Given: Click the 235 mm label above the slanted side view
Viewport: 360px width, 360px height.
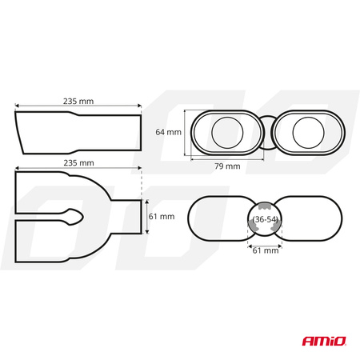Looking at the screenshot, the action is point(78,102).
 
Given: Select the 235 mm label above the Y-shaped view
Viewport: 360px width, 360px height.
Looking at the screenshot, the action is point(78,163).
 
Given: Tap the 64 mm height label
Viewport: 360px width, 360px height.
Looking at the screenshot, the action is point(168,132).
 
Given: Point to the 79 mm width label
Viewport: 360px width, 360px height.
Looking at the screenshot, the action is point(227,166).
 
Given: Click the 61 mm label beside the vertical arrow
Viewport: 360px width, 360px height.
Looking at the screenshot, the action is point(162,216).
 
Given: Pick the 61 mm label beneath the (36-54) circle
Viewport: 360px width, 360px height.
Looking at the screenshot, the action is point(266,250).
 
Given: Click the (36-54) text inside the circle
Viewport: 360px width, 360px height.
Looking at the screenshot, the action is point(265,219).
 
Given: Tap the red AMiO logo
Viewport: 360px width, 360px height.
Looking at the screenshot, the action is point(324,341).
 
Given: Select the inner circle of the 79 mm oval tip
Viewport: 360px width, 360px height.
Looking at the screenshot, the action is point(227,133).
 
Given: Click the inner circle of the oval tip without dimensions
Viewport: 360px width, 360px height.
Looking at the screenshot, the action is point(308,133).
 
